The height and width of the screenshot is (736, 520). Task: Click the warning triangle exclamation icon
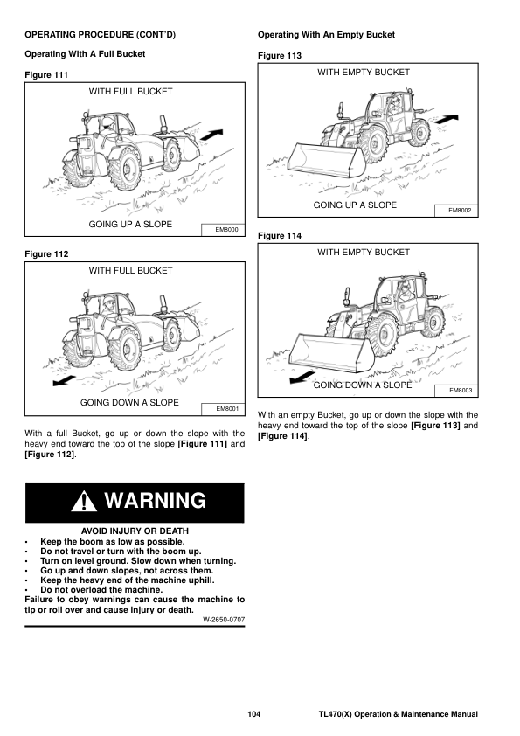pos(84,501)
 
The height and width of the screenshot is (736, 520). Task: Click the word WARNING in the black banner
pos(156,500)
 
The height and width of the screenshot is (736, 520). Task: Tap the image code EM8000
pos(226,230)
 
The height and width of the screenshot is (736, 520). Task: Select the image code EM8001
pos(227,409)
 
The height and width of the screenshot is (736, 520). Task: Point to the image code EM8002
pos(460,211)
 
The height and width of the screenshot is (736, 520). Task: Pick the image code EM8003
pos(461,390)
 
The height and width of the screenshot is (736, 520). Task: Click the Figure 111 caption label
pos(46,74)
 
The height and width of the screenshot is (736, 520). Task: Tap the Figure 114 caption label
pos(280,236)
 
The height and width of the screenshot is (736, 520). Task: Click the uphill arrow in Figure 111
pos(211,135)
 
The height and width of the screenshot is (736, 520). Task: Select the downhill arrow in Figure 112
pos(65,380)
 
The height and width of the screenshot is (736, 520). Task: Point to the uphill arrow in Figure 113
pos(447,119)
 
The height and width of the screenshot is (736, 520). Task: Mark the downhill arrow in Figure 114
pos(302,377)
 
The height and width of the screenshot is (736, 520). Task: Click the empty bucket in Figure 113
pos(326,161)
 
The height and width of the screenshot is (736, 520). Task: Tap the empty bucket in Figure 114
pos(331,352)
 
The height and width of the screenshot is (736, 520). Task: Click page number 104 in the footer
pos(254,714)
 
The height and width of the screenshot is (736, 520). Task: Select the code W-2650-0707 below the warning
pos(224,620)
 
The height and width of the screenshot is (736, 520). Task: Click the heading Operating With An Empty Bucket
pos(326,35)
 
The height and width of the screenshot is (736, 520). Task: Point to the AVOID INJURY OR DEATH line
pos(135,531)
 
